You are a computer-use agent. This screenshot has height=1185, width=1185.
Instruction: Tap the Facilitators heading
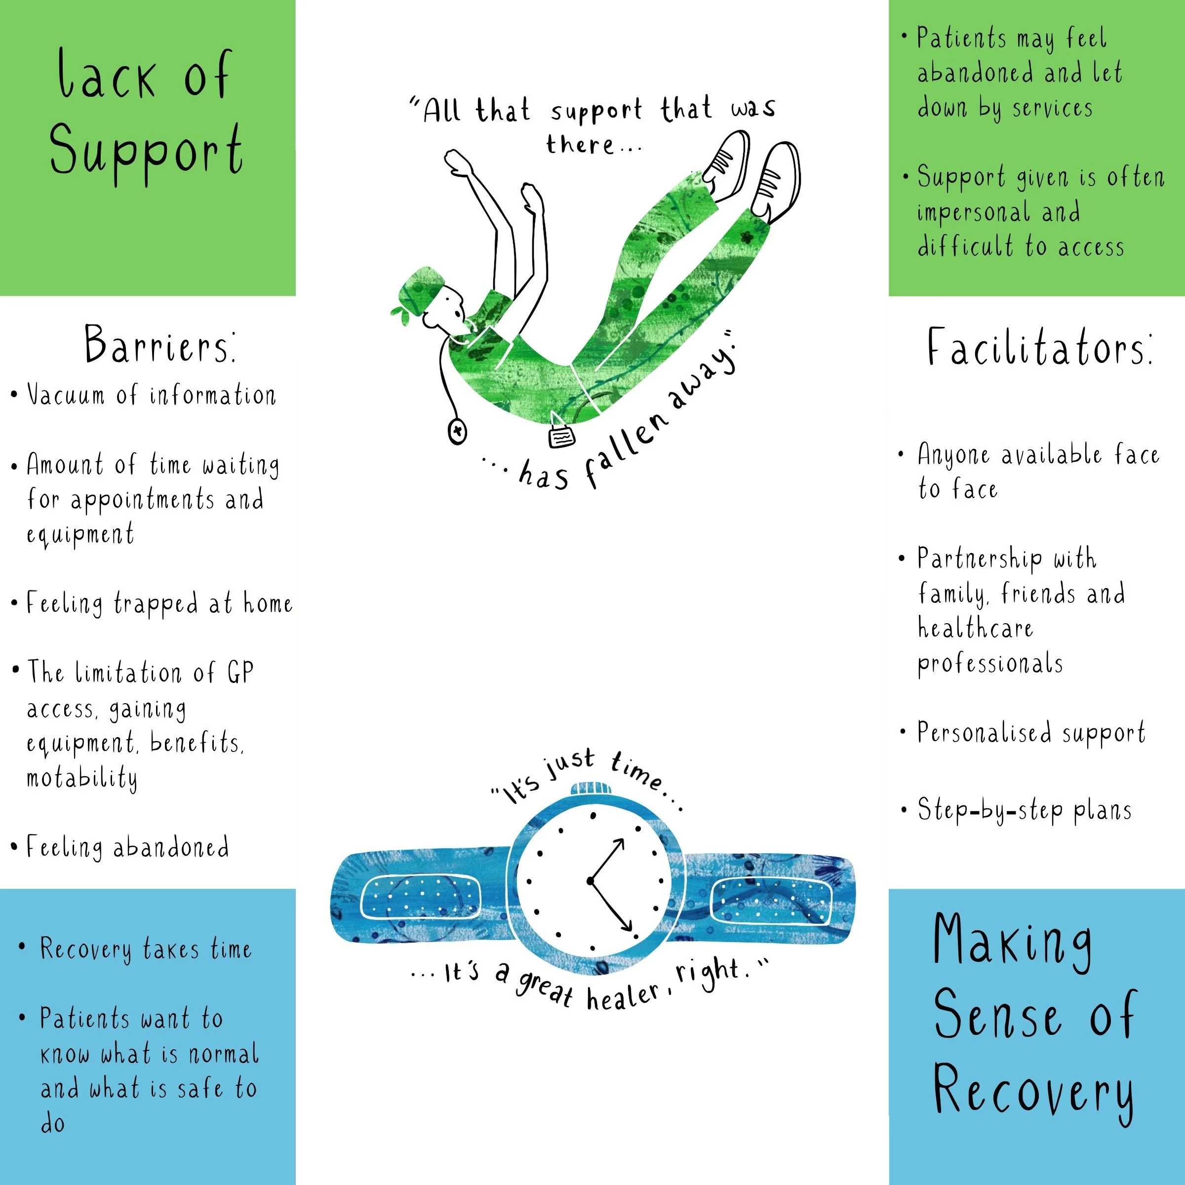(x=1039, y=349)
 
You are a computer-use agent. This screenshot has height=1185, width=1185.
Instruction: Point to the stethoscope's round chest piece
(x=457, y=431)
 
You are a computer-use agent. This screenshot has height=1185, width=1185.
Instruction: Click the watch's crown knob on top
(x=592, y=788)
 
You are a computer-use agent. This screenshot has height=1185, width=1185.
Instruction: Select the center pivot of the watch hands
(x=590, y=881)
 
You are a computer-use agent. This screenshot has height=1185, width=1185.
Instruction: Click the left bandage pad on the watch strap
(x=420, y=897)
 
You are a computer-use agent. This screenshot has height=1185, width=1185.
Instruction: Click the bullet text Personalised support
(x=1030, y=733)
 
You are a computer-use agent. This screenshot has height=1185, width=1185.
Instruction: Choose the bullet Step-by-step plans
(x=1025, y=810)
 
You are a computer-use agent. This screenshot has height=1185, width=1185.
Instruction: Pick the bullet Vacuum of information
(x=151, y=395)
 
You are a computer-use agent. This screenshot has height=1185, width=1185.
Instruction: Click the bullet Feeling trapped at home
(x=158, y=603)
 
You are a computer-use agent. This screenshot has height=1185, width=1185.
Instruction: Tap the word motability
(x=81, y=778)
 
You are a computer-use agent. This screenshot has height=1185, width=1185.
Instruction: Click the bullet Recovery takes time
(x=145, y=949)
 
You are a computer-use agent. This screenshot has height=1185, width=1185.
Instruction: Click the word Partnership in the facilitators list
(x=980, y=558)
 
